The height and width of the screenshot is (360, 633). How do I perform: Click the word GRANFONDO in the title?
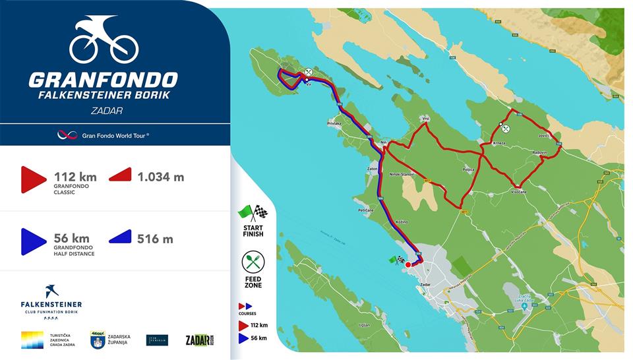pyautogui.click(x=103, y=80)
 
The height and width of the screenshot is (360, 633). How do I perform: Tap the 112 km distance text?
pyautogui.click(x=75, y=177)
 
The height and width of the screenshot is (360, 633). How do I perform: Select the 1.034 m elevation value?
pyautogui.click(x=161, y=177)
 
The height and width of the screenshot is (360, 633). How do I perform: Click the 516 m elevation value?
pyautogui.click(x=156, y=239)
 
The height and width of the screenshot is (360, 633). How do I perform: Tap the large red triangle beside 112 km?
pyautogui.click(x=32, y=179)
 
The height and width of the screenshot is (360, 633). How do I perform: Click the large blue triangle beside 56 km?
pyautogui.click(x=32, y=241)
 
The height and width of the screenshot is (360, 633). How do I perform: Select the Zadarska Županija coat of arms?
pyautogui.click(x=98, y=340)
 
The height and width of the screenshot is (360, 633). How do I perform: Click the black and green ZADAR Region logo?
pyautogui.click(x=200, y=340)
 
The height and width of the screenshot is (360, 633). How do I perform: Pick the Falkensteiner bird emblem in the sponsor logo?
pyautogui.click(x=51, y=291)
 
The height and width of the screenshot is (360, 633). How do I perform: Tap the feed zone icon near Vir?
pyautogui.click(x=308, y=73)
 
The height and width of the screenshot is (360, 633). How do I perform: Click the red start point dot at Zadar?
pyautogui.click(x=408, y=264)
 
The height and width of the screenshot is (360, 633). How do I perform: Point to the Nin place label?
pyautogui.click(x=384, y=142)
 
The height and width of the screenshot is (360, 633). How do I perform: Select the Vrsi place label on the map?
pyautogui.click(x=425, y=119)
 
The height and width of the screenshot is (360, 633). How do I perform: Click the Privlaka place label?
pyautogui.click(x=334, y=123)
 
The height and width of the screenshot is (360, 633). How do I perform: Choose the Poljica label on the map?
pyautogui.click(x=468, y=169)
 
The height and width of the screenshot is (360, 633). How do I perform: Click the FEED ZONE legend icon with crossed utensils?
pyautogui.click(x=253, y=262)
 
